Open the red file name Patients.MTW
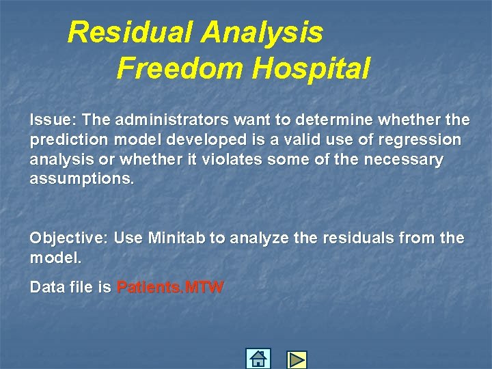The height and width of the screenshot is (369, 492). [170, 288]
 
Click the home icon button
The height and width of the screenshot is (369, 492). [258, 359]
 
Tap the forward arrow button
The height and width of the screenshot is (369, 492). [297, 359]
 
